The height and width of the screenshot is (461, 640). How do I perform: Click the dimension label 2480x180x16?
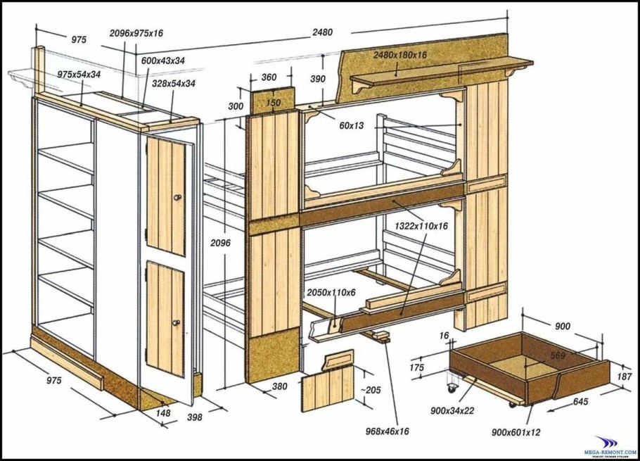pos(399,55)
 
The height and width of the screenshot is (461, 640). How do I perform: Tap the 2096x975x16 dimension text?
pos(136,33)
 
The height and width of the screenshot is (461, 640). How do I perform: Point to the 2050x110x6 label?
pos(331,292)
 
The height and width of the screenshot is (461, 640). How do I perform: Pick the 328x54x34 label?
pos(173,83)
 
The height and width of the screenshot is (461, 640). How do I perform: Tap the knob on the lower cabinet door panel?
pos(176,323)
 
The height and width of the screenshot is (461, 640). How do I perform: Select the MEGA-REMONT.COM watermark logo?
pos(606,444)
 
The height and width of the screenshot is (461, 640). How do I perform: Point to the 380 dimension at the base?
pos(279,386)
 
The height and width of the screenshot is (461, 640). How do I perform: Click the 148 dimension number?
pos(163,414)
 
